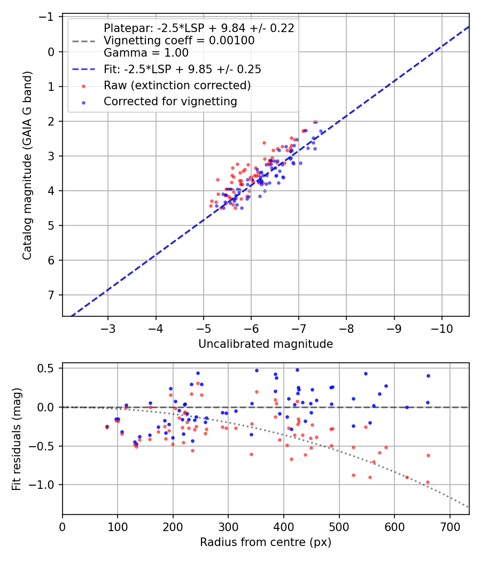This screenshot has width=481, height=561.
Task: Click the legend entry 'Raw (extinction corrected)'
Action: [x=177, y=85]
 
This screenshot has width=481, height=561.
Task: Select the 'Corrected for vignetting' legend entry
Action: [x=170, y=101]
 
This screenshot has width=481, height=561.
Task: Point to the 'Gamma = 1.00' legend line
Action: [x=146, y=52]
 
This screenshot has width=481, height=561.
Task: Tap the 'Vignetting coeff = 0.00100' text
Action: [x=179, y=41]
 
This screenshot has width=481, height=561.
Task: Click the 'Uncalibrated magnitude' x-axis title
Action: [x=266, y=344]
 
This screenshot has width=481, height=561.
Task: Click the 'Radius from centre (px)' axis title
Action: [x=266, y=542]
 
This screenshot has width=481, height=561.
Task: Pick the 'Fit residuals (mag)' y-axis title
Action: [x=17, y=439]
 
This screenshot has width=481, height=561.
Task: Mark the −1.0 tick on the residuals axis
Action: [x=46, y=485]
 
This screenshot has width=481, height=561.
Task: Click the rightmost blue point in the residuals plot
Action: [x=428, y=376]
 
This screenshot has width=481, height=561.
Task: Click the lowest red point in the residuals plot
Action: [x=428, y=482]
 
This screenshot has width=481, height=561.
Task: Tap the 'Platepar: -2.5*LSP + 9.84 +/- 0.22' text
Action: [x=199, y=28]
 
